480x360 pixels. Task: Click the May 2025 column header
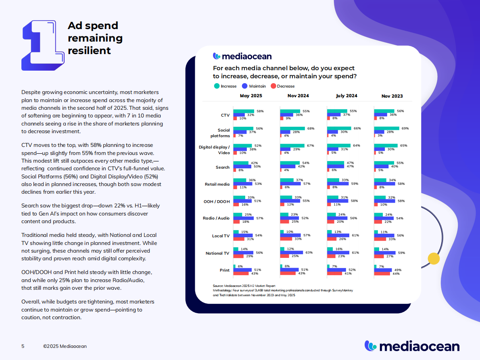(250, 96)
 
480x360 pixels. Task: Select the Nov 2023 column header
(392, 96)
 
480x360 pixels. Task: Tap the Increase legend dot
(217, 86)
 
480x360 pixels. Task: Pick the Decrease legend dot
(273, 86)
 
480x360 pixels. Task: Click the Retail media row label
(217, 184)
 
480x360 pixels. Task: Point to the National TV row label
(217, 253)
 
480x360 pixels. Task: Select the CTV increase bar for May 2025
(244, 111)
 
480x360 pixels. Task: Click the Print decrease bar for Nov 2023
(382, 274)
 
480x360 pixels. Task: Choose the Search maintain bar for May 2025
(242, 167)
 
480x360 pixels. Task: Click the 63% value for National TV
(309, 253)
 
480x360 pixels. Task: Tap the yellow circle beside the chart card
(433, 259)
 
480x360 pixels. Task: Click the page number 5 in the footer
(23, 346)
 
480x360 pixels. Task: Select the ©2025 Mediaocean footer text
(65, 346)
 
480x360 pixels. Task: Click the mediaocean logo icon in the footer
(371, 345)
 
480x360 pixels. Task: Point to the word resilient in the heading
(89, 51)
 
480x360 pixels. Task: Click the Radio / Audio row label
(216, 218)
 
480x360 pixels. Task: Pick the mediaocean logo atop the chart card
(242, 56)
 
